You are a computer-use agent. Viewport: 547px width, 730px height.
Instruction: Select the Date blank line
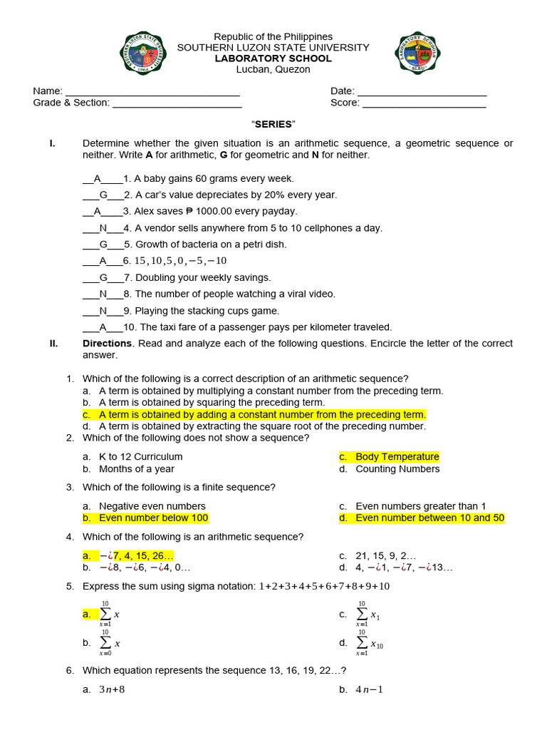point(422,92)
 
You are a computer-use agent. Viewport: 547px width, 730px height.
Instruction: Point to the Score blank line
point(424,103)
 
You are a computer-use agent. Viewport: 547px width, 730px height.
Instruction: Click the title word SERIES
point(273,124)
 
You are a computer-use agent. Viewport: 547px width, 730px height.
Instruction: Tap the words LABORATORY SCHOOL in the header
point(273,58)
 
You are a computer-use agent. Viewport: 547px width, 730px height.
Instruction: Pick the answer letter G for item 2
point(103,195)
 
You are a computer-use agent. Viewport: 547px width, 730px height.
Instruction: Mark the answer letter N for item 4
point(103,228)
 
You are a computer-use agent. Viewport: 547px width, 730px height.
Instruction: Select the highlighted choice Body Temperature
point(397,457)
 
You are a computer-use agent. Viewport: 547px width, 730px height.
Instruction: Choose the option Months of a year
point(136,469)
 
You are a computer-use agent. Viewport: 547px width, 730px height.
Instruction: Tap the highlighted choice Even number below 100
point(153,518)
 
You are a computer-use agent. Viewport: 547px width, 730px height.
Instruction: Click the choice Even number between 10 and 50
point(429,518)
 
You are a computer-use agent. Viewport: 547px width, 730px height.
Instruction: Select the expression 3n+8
point(112,689)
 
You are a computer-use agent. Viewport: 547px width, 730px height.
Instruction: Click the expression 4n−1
point(369,689)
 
